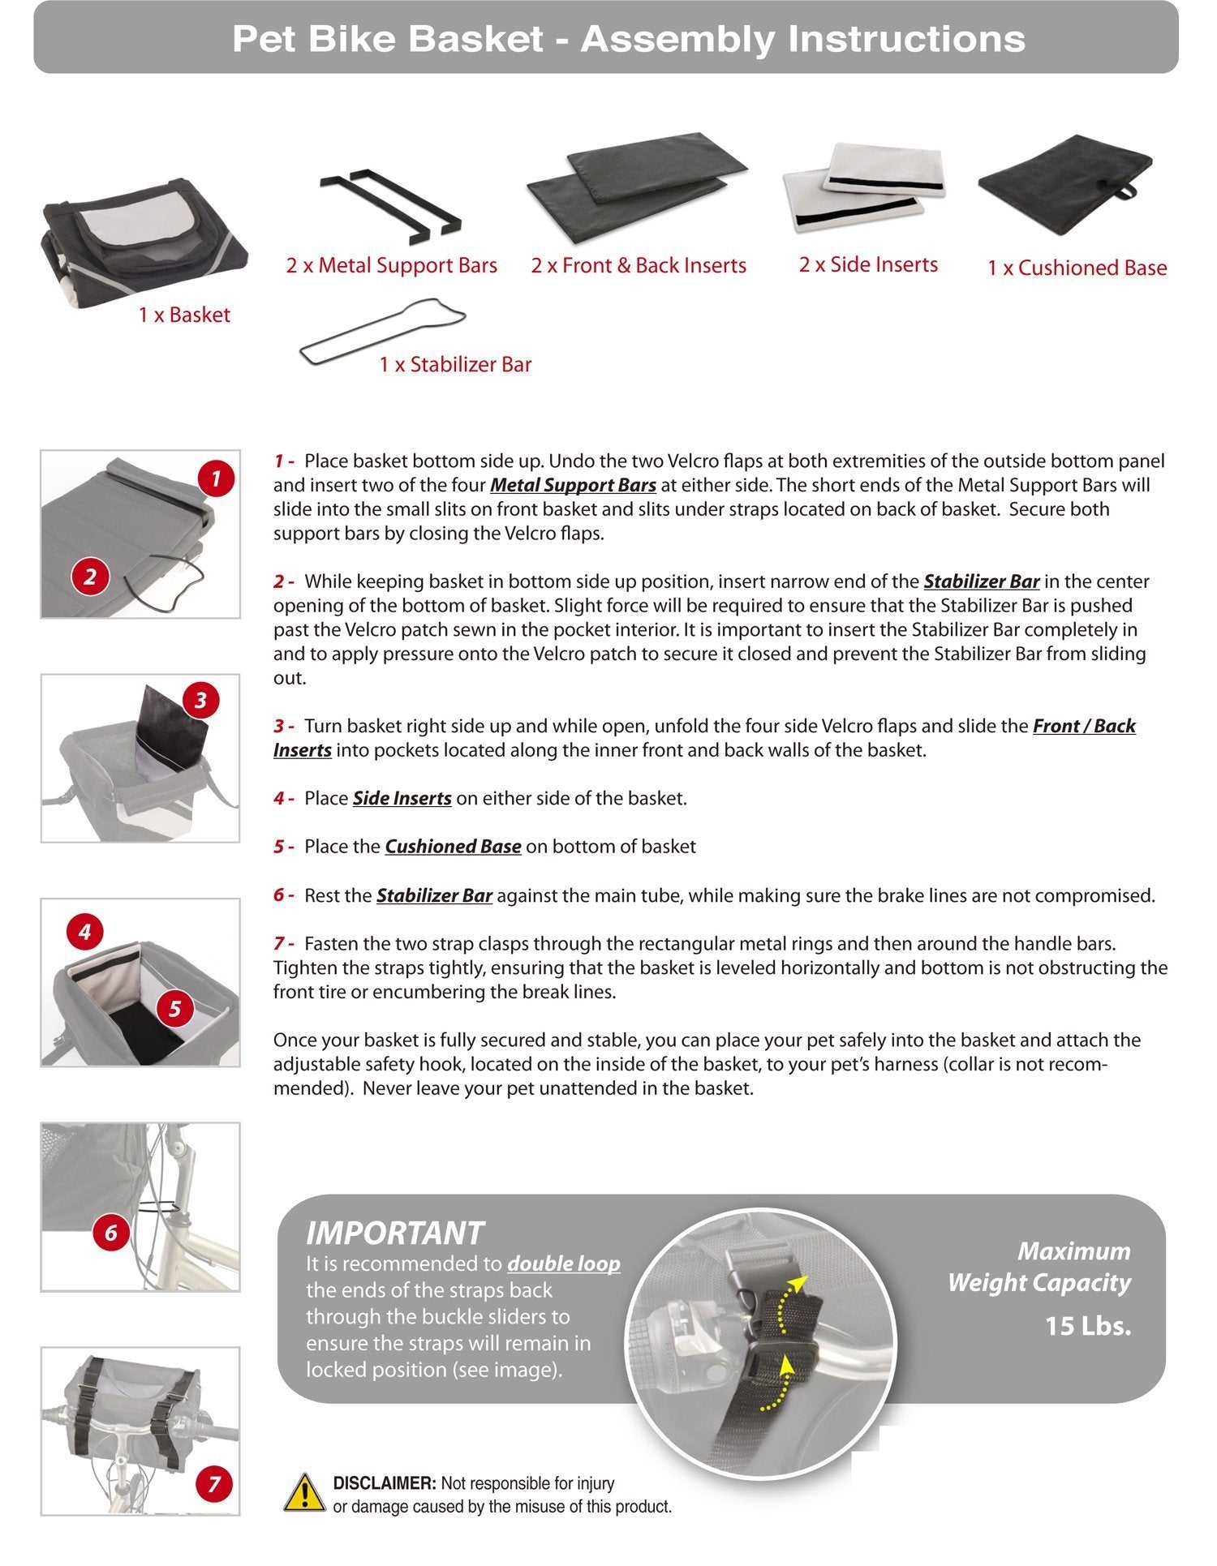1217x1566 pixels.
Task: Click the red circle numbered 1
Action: (215, 478)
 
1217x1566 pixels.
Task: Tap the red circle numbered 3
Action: (200, 700)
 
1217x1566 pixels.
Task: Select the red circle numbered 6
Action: (111, 1233)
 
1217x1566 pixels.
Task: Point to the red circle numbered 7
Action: (214, 1484)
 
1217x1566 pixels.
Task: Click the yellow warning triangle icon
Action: (304, 1493)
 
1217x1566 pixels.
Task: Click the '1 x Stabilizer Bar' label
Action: (455, 364)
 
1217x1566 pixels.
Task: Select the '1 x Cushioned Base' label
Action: (1077, 268)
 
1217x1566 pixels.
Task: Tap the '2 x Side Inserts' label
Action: (868, 264)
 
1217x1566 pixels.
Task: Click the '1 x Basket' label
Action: (184, 315)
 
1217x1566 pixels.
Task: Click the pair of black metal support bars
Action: (389, 203)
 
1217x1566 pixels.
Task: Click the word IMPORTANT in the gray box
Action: (394, 1233)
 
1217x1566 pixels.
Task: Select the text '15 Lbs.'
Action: (1087, 1326)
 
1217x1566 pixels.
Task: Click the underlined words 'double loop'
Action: (563, 1264)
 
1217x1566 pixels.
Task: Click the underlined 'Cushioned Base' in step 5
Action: (453, 847)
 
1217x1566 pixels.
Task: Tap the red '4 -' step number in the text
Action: (283, 799)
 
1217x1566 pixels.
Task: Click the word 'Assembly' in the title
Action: (678, 38)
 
